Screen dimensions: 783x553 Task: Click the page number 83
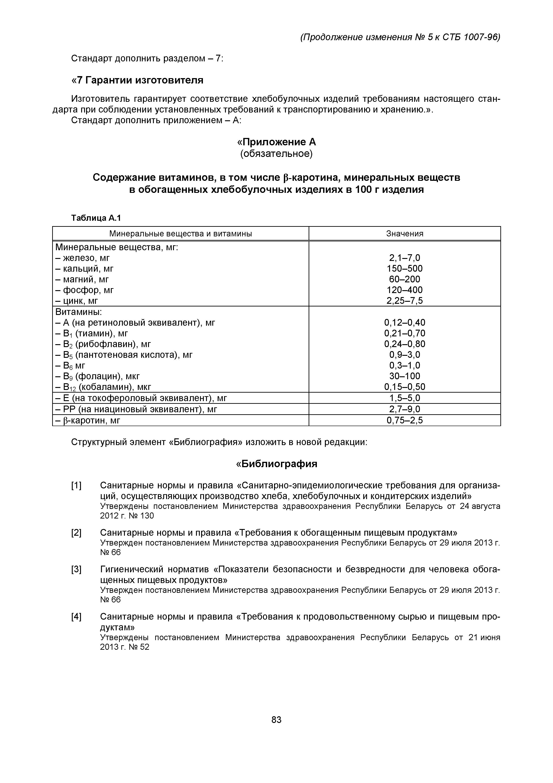[276, 720]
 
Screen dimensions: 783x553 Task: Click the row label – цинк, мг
[77, 301]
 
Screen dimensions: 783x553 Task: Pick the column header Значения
[404, 234]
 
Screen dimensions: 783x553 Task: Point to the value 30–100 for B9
[404, 376]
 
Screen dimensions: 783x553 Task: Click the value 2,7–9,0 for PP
[404, 409]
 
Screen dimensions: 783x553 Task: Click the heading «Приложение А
[276, 142]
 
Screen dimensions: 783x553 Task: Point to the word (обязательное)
[276, 154]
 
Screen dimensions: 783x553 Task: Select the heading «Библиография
[276, 464]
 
